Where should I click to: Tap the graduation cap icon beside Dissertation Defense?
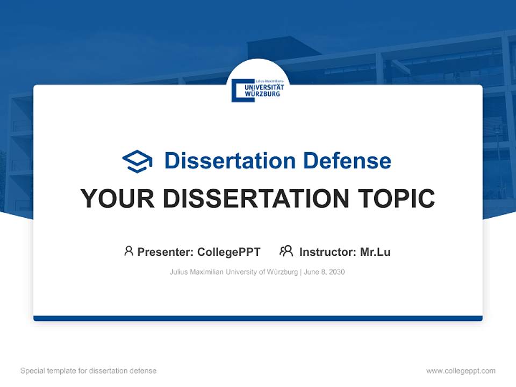137,161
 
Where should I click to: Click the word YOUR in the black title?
117,199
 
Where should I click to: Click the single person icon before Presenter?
128,251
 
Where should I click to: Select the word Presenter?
166,252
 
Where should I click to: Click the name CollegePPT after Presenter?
229,252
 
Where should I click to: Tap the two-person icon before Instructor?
286,251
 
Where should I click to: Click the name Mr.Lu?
375,252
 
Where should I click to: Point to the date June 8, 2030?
324,272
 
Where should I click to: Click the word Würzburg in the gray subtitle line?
282,272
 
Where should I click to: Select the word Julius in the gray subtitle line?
178,272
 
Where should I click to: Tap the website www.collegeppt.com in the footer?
461,371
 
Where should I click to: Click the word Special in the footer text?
32,371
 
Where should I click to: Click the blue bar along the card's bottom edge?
258,318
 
